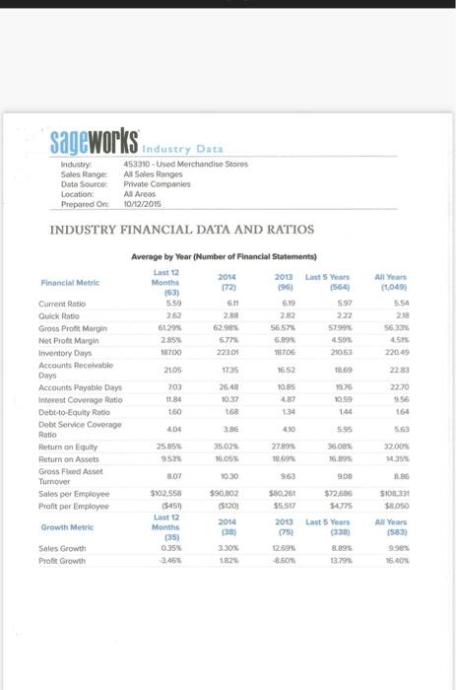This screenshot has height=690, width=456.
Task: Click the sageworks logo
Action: point(94,142)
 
